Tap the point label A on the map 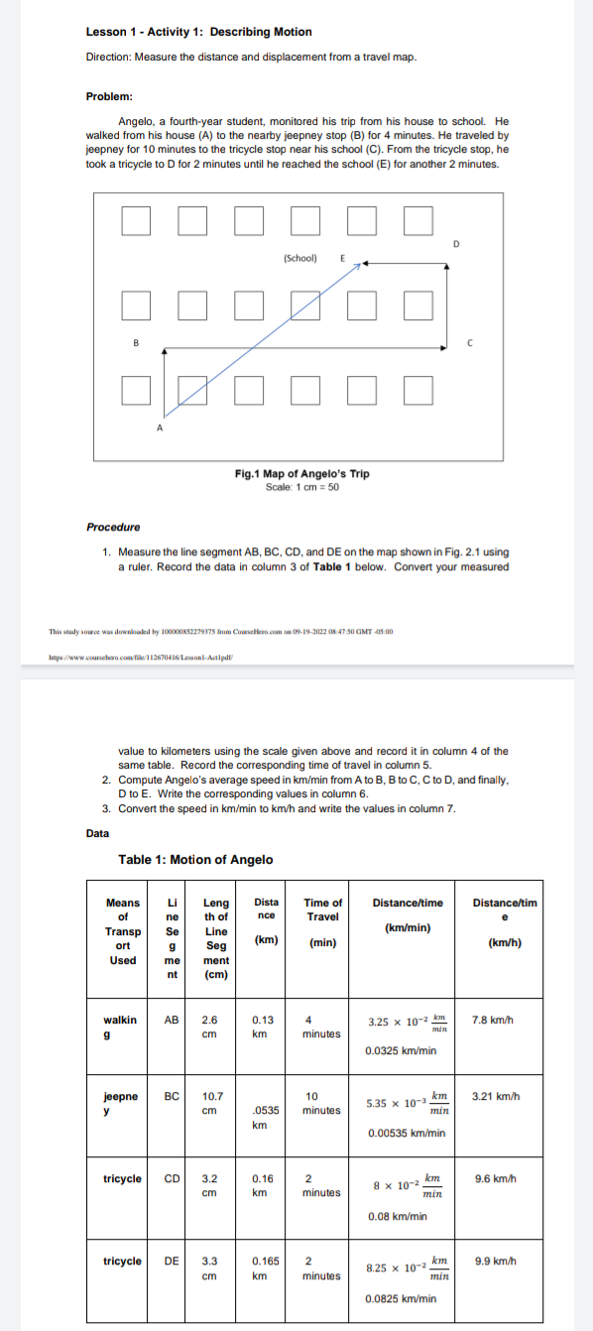click(158, 427)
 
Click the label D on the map click(456, 241)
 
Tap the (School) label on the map click(299, 258)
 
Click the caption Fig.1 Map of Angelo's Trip click(301, 473)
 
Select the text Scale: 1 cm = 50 click(301, 485)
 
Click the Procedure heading click(113, 527)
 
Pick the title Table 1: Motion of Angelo click(195, 859)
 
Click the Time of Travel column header click(323, 921)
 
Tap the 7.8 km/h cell click(493, 1019)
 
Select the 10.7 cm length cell click(212, 1102)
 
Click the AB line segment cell click(171, 1019)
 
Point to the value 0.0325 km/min click(401, 1050)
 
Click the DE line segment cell click(171, 1262)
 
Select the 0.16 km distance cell click(264, 1185)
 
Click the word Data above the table click(98, 832)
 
